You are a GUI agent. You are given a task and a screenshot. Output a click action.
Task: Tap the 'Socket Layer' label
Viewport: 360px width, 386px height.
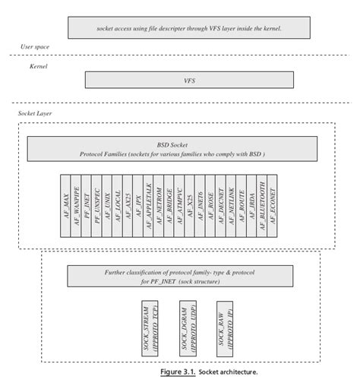click(x=35, y=113)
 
